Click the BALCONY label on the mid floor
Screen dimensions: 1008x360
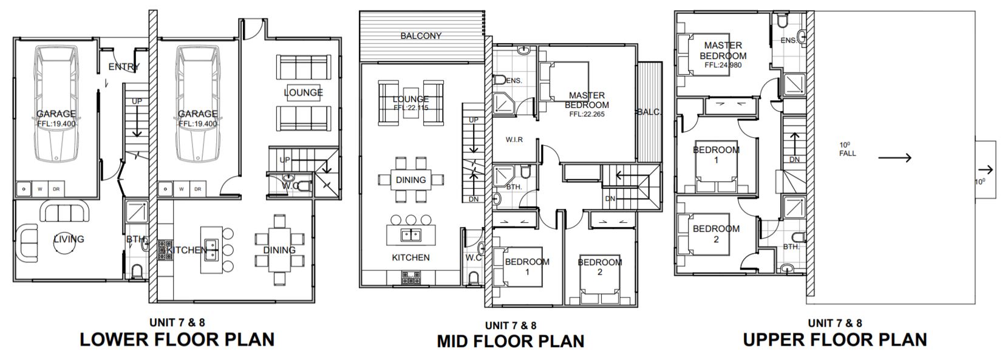pyautogui.click(x=421, y=36)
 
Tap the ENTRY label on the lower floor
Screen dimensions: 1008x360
pyautogui.click(x=124, y=67)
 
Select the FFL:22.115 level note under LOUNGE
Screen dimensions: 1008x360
pyautogui.click(x=411, y=108)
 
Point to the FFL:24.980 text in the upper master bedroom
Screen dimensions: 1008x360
pyautogui.click(x=723, y=65)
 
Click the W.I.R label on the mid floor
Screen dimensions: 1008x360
pyautogui.click(x=514, y=140)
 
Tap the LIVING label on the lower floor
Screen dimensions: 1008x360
pyautogui.click(x=69, y=239)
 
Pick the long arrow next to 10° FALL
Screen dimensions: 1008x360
pyautogui.click(x=894, y=157)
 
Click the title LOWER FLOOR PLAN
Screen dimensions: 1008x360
pyautogui.click(x=177, y=340)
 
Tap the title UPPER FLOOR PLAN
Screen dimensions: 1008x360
pyautogui.click(x=835, y=340)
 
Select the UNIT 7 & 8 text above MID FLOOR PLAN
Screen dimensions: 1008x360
pyautogui.click(x=510, y=325)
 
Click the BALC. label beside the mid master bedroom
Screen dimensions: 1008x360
pyautogui.click(x=649, y=112)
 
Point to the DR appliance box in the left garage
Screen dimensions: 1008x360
pyautogui.click(x=56, y=189)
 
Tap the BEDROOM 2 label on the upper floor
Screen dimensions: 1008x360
pyautogui.click(x=716, y=234)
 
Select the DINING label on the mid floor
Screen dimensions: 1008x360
pyautogui.click(x=411, y=180)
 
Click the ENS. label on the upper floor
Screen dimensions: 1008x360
pyautogui.click(x=788, y=41)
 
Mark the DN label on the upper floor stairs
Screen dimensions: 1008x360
pyautogui.click(x=795, y=159)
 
